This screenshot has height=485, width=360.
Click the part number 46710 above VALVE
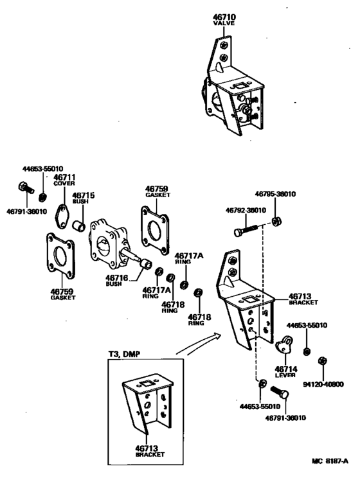click(224, 17)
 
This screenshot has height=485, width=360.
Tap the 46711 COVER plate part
click(62, 216)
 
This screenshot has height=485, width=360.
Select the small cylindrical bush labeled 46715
click(78, 225)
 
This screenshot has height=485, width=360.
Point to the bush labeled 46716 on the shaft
click(146, 265)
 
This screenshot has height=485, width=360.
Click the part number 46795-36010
click(275, 194)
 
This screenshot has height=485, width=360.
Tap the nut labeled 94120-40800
click(323, 361)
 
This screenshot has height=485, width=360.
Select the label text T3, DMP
click(124, 354)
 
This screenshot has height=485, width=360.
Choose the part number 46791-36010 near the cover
click(26, 211)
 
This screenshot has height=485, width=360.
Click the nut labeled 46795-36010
click(276, 222)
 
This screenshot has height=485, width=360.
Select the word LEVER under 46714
click(285, 375)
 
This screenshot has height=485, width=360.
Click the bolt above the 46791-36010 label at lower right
click(280, 392)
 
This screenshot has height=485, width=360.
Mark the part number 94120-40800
click(323, 384)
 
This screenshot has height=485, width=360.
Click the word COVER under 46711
click(64, 183)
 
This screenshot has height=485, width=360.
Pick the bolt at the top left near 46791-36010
click(26, 187)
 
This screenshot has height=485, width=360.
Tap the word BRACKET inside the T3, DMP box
click(150, 455)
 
